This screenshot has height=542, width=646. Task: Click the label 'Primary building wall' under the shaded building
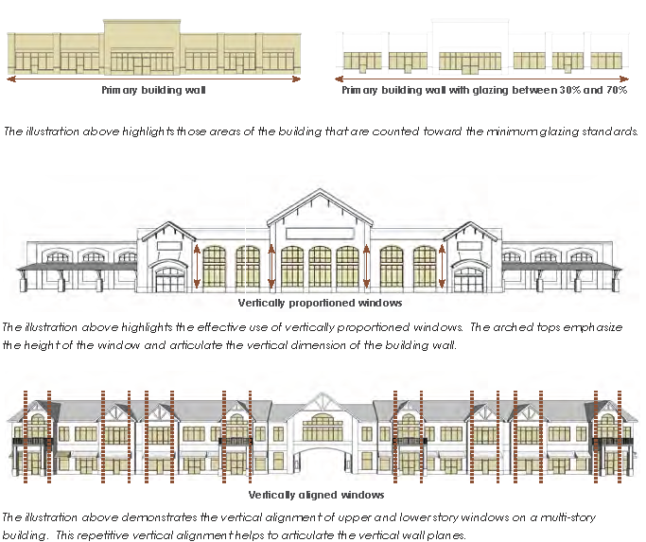(x=153, y=92)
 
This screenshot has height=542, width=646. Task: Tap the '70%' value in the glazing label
(x=614, y=92)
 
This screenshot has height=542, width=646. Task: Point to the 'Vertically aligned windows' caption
(x=316, y=495)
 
